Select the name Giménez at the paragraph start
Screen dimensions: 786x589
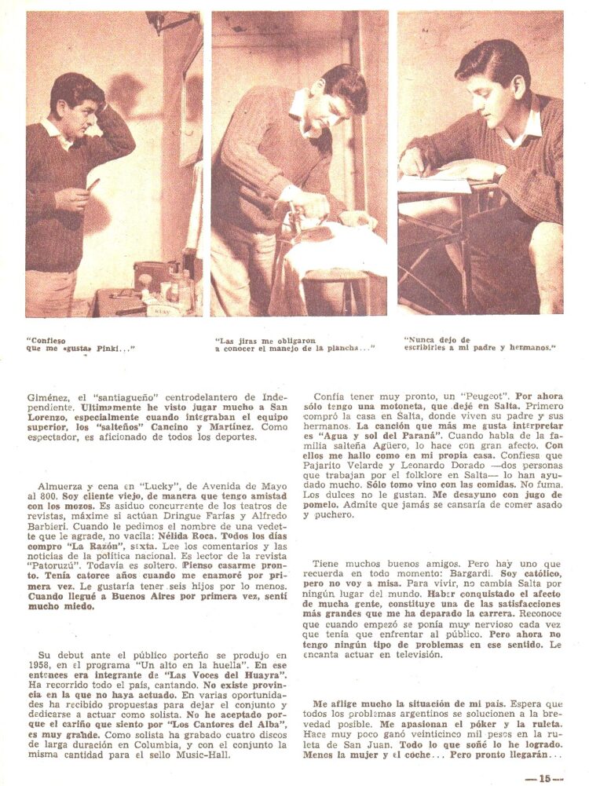click(x=48, y=397)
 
